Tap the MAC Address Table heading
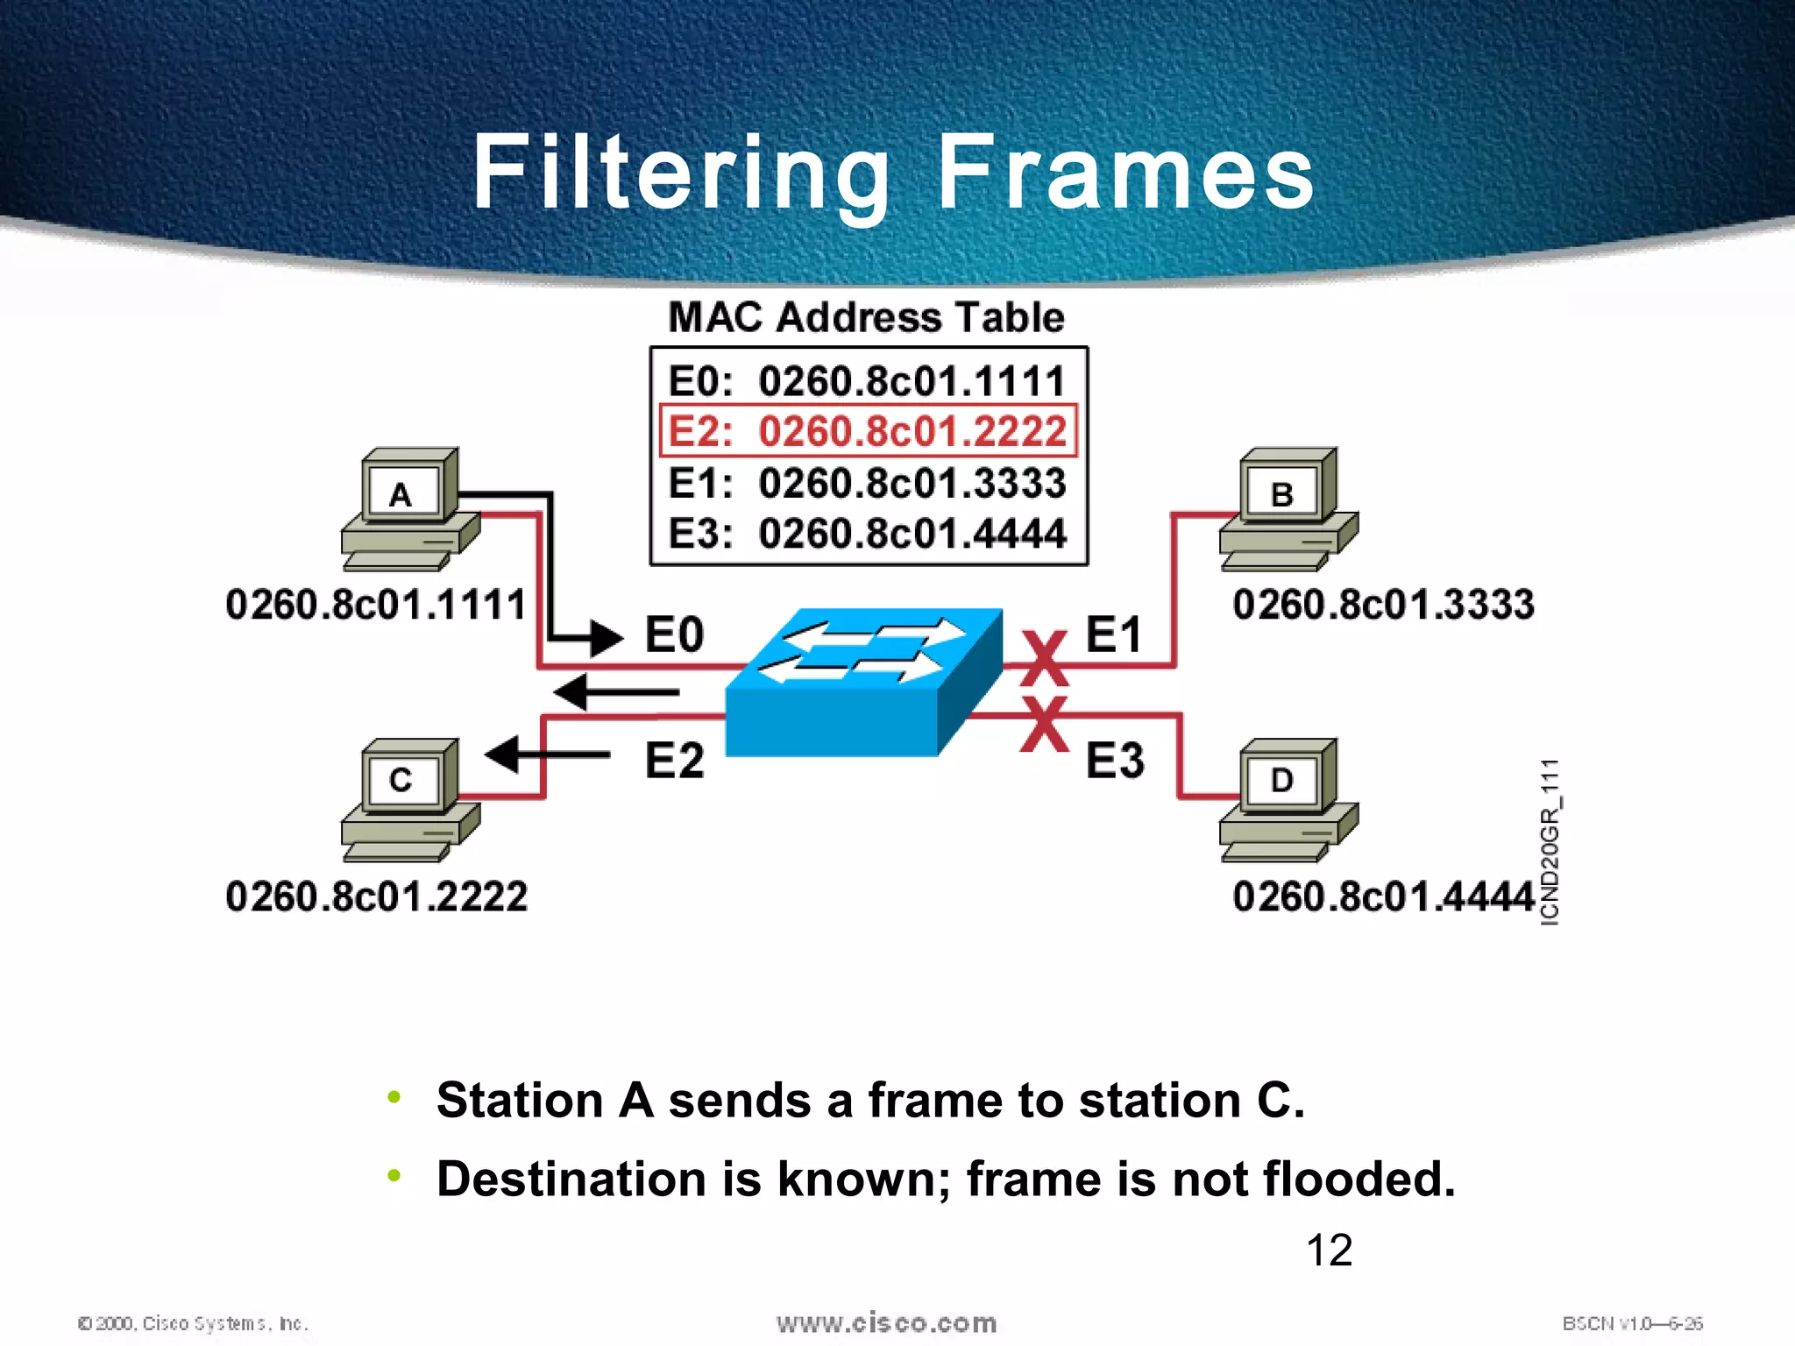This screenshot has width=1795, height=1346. [x=866, y=317]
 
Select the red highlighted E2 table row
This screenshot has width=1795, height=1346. [x=868, y=431]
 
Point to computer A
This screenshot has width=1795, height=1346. [x=408, y=508]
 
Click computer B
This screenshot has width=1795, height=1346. [x=1288, y=508]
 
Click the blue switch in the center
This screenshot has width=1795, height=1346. [x=863, y=684]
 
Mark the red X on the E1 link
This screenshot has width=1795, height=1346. [x=1044, y=659]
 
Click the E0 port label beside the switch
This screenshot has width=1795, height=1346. [x=674, y=634]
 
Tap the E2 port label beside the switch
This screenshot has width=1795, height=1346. [x=674, y=760]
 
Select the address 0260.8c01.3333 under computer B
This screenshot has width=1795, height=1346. [x=1382, y=605]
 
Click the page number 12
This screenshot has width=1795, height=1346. [x=1329, y=1250]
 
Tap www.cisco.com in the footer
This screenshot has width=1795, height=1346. [x=886, y=1323]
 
